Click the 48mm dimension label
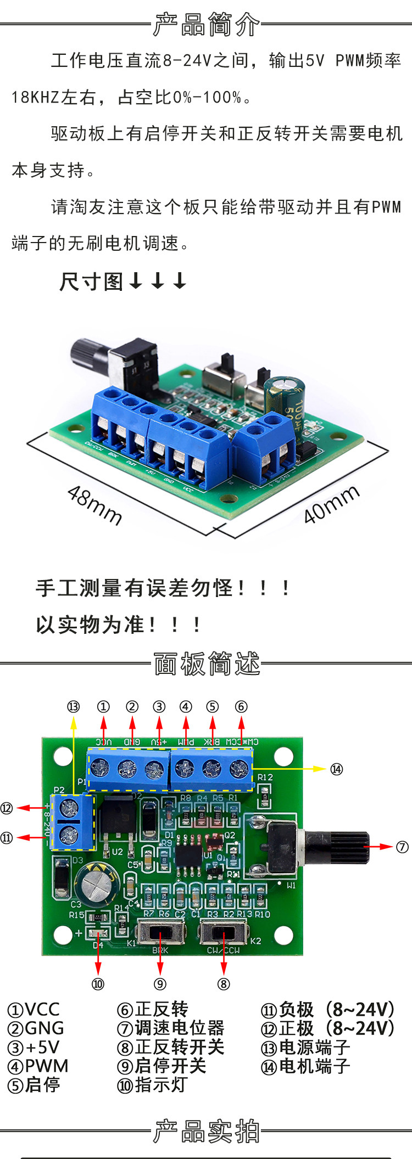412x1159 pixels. pos(94,505)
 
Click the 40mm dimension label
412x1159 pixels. pos(331,505)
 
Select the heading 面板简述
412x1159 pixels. pos(207,663)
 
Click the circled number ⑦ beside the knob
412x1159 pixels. pos(402,847)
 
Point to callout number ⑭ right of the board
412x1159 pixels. pos(336,769)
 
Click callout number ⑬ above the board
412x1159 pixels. pos(73,707)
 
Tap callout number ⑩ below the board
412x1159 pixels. pos(98,984)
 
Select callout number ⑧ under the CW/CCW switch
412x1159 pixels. pos(223,984)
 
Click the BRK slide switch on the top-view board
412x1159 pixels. pos(160,932)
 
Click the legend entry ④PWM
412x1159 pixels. pos(38,1066)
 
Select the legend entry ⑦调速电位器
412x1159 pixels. pos(171,1028)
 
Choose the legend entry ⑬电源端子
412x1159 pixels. pos(305,1047)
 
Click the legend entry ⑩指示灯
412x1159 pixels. pos(152,1085)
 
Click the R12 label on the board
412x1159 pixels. pos(265,777)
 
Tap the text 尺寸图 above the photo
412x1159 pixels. pos(91,282)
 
